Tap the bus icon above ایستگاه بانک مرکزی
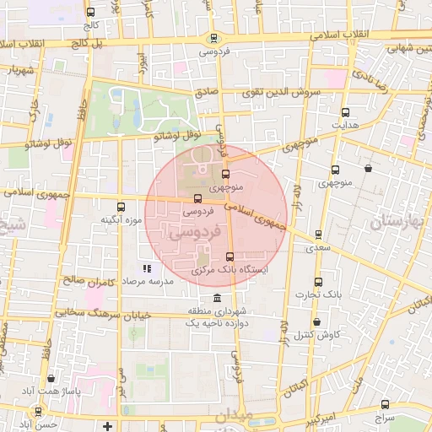[230, 256]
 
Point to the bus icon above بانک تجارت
[317, 282]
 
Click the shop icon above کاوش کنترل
[316, 321]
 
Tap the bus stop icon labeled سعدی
[318, 235]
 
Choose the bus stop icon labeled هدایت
[345, 112]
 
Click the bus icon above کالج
[90, 12]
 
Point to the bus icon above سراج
[384, 404]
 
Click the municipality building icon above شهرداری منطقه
[218, 300]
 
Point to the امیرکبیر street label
[323, 418]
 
